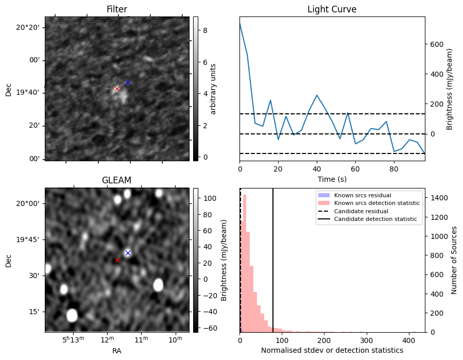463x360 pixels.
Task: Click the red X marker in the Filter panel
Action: point(117,89)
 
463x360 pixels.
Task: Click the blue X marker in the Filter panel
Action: point(128,82)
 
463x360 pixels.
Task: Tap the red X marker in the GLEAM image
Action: point(117,260)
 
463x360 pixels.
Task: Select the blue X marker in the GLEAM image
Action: point(128,253)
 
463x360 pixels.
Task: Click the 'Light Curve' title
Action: point(332,9)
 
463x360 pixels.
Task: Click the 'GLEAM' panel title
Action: point(116,180)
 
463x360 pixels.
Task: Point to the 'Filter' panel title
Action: point(116,9)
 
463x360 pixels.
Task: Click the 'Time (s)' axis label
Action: point(332,179)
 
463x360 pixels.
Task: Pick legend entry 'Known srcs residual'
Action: point(363,195)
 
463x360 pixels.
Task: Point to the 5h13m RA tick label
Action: point(73,339)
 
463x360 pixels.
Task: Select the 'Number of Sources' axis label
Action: point(454,260)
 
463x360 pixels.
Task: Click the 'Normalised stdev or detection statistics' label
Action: point(332,350)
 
